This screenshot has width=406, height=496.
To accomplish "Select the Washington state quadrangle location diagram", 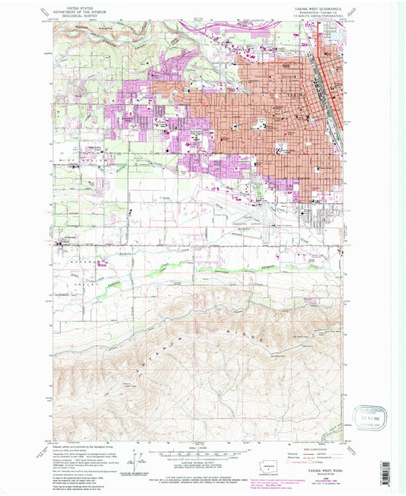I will (268, 466).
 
